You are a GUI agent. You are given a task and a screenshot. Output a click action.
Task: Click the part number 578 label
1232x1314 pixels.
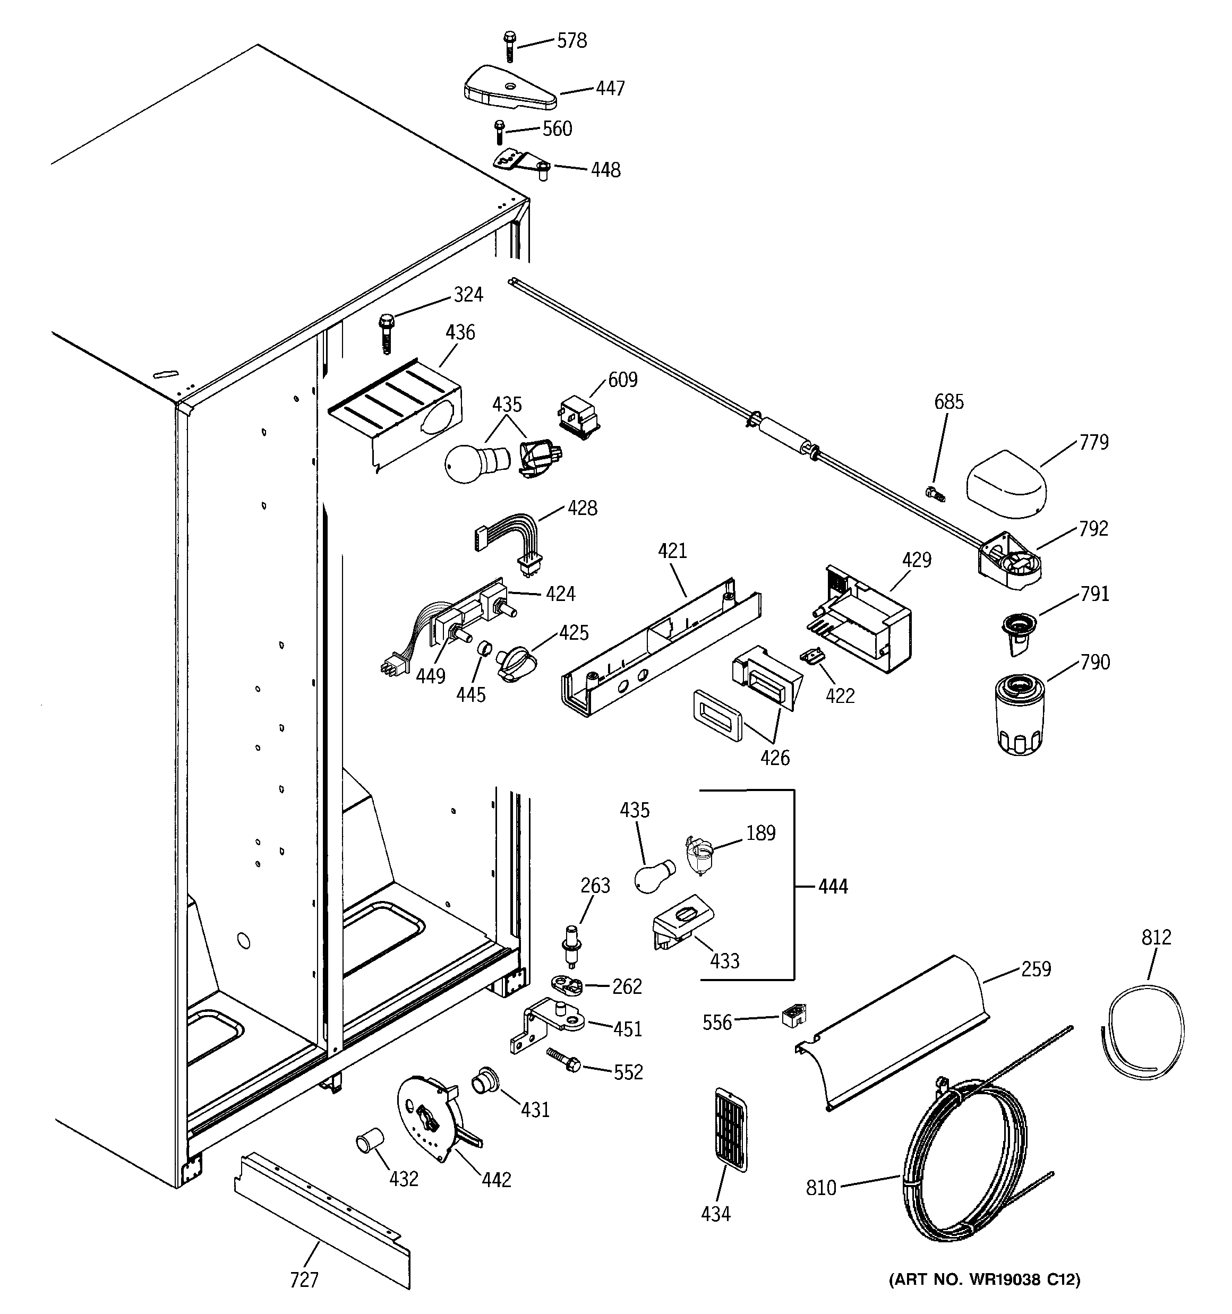(571, 41)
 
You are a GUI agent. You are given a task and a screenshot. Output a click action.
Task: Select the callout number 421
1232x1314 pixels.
(672, 551)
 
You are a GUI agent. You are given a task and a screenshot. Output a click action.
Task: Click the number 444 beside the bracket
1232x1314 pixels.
(832, 887)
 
